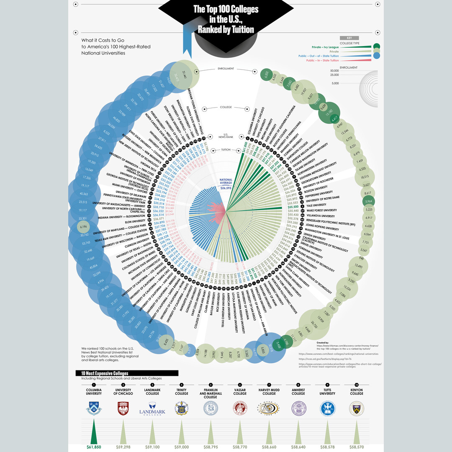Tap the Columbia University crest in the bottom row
coord(94,408)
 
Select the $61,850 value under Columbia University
coord(94,447)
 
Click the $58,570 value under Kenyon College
coord(357,447)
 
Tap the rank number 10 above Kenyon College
coord(357,384)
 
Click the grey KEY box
coord(349,38)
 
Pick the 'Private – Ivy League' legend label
coord(325,47)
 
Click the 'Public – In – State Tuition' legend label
coord(322,60)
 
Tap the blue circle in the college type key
coord(376,55)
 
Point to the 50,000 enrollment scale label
coord(334,71)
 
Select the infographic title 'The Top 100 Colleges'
coord(226,9)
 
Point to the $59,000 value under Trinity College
coord(181,447)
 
